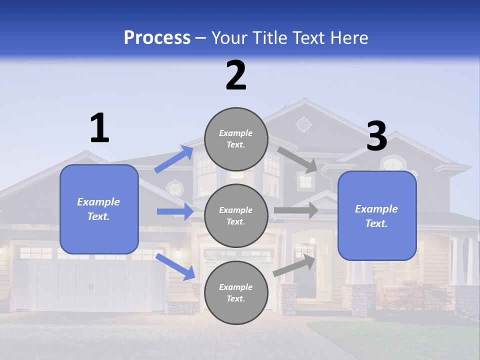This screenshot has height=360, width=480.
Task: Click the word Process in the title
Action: [157, 37]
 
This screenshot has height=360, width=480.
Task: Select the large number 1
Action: [99, 128]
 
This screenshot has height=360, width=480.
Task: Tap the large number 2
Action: [236, 75]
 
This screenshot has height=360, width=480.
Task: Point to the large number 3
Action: [377, 136]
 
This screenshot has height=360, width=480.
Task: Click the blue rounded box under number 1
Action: [99, 209]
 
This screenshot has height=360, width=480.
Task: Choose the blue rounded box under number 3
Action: [377, 216]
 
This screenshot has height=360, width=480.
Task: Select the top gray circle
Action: [236, 139]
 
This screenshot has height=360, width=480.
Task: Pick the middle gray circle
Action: [236, 216]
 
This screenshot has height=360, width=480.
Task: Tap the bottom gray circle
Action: [236, 293]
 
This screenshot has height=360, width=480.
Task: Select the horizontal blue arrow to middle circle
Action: [175, 211]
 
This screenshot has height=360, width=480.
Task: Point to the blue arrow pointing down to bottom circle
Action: [175, 266]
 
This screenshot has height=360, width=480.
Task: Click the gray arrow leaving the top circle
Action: [297, 159]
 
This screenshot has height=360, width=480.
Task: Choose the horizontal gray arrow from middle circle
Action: [296, 210]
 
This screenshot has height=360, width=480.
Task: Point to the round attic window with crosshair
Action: [303, 124]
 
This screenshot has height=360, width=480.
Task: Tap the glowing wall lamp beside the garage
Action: [177, 253]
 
